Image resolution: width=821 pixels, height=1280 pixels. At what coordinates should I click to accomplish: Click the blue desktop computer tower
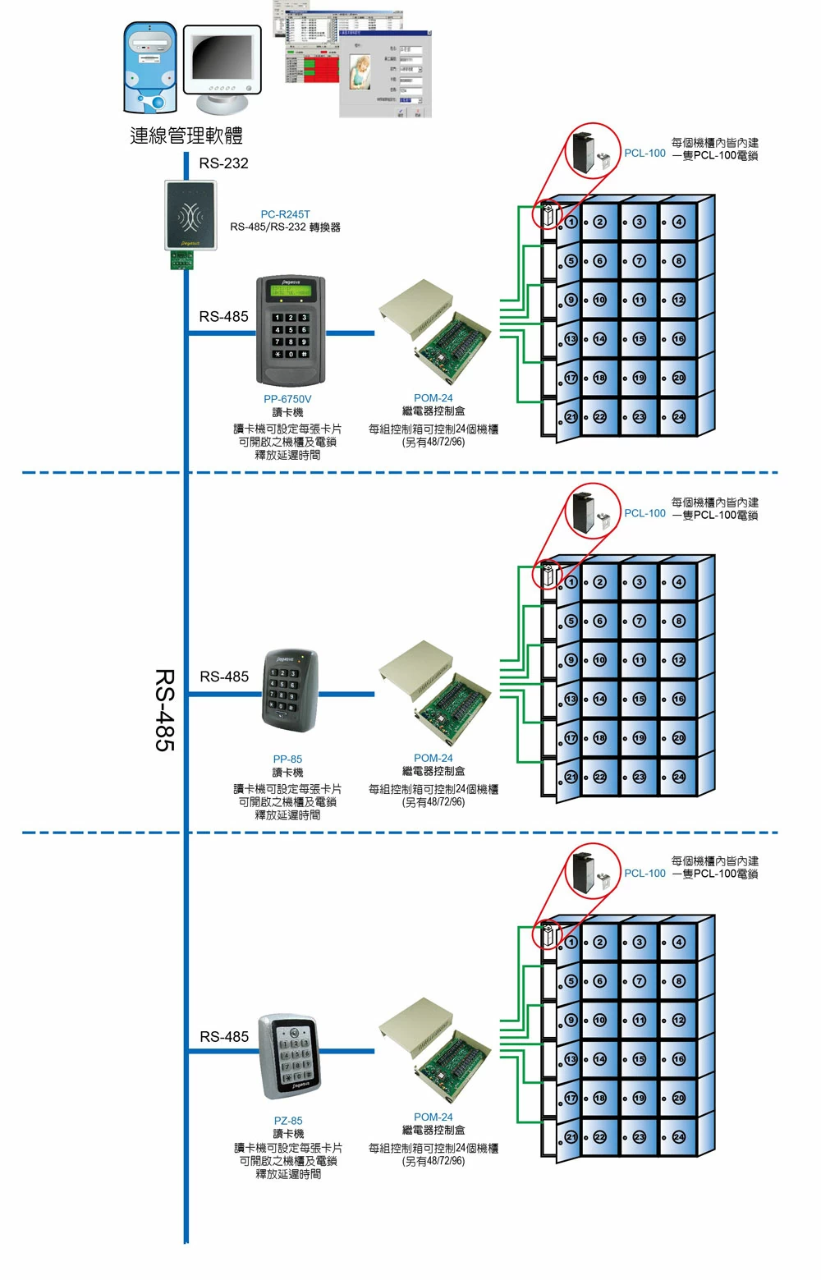[x=149, y=67]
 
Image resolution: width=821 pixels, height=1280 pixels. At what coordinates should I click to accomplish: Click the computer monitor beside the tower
[x=221, y=66]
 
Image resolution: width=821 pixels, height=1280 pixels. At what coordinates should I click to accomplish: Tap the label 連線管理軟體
[x=186, y=135]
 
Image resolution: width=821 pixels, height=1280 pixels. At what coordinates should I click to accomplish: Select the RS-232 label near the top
[x=223, y=163]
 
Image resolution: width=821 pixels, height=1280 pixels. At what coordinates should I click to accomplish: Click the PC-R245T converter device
[x=190, y=216]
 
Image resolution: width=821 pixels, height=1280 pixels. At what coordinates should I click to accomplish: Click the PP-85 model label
[x=287, y=759]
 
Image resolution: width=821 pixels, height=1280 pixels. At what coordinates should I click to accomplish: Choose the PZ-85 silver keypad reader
[x=290, y=1056]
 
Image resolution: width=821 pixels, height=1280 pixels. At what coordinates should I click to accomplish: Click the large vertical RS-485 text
[x=165, y=709]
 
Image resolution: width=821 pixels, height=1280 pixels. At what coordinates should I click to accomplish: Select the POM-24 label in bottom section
[x=433, y=1117]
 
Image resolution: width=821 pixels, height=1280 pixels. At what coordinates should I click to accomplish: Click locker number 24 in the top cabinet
[x=679, y=417]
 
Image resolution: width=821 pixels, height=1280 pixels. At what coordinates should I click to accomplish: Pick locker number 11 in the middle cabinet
[x=640, y=660]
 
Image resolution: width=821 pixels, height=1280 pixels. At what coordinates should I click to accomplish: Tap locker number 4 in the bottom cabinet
[x=679, y=942]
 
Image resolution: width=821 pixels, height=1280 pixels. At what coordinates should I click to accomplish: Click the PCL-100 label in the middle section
[x=644, y=513]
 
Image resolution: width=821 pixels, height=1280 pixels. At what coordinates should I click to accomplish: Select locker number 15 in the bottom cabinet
[x=640, y=1059]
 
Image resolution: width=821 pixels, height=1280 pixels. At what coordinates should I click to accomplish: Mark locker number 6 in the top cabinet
[x=600, y=261]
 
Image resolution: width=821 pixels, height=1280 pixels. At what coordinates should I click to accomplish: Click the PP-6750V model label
[x=287, y=399]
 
